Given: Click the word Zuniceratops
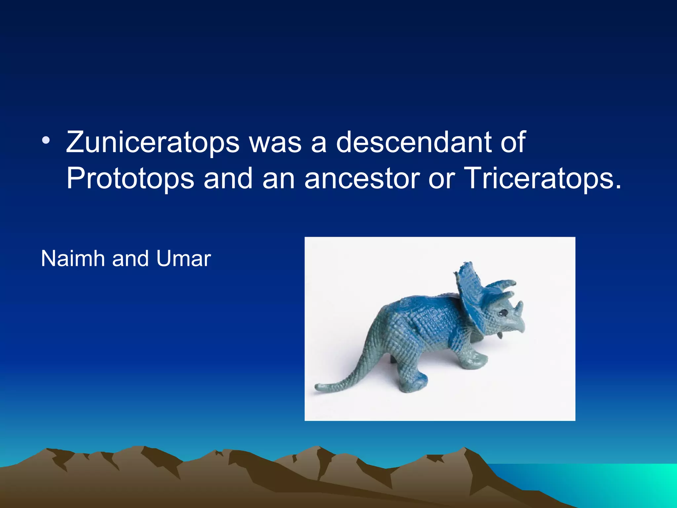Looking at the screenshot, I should click(152, 143).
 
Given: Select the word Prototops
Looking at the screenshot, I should click(130, 179).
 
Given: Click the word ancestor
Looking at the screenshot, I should click(362, 179).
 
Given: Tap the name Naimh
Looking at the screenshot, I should click(73, 258).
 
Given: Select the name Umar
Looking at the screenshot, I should click(183, 258).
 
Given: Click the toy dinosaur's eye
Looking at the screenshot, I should click(504, 312).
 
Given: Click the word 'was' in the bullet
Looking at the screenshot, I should click(275, 143).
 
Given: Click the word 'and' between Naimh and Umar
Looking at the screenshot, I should click(130, 258).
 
